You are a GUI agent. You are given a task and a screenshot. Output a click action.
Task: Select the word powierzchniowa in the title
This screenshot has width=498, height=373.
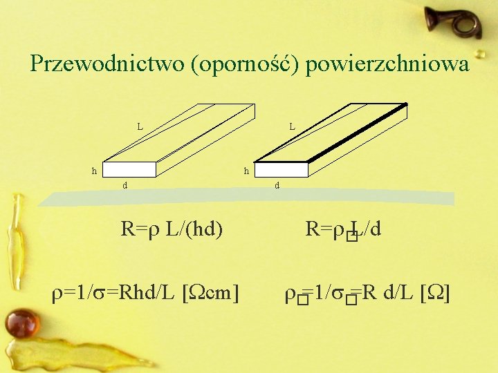click(387, 64)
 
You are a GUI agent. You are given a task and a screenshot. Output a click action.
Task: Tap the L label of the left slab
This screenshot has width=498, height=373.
click(140, 126)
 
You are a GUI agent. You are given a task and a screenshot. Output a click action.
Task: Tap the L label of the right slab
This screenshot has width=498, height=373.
click(292, 126)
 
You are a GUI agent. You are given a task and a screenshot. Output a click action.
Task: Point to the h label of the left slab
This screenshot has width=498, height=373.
click(95, 169)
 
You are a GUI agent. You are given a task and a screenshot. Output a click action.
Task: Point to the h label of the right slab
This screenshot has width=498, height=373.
click(246, 170)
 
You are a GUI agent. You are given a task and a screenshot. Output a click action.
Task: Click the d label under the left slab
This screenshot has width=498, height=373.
click(124, 185)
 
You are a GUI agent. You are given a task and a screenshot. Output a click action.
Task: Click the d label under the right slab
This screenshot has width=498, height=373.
click(277, 185)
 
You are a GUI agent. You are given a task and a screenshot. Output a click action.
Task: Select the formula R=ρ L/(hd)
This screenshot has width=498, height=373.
click(172, 229)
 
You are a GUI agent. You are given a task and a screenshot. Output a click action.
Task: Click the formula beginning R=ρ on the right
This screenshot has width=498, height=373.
click(342, 229)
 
